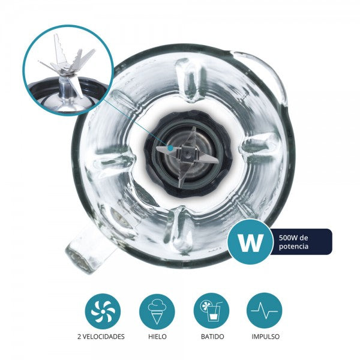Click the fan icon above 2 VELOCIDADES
click(x=103, y=310)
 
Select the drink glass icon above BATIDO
click(x=211, y=310)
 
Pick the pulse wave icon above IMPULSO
click(x=265, y=310)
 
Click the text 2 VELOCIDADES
click(x=103, y=337)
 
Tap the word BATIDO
click(x=211, y=337)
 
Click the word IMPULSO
click(x=265, y=337)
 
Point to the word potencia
click(x=293, y=247)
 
